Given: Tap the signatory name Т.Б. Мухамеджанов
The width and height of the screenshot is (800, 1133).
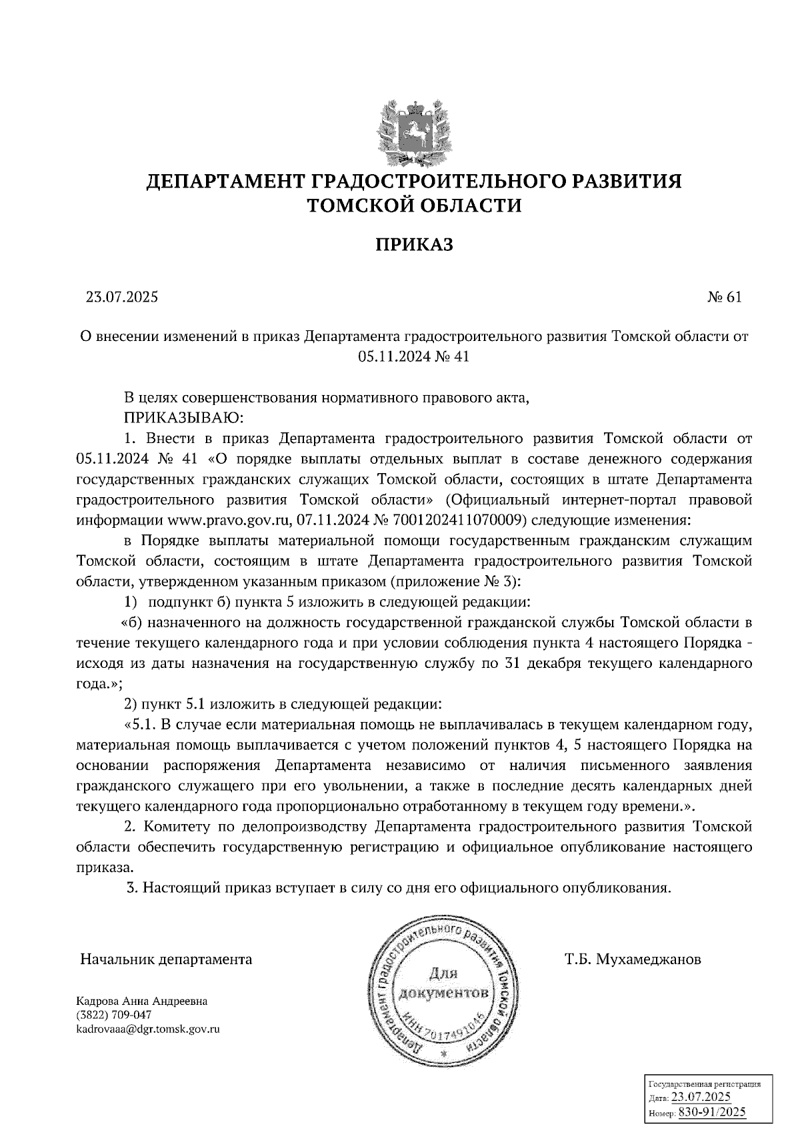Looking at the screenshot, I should click(633, 960).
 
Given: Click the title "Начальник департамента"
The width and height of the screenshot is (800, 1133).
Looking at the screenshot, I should click(166, 960).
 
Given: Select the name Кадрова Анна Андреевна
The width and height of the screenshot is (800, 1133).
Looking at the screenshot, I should click(142, 1002).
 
